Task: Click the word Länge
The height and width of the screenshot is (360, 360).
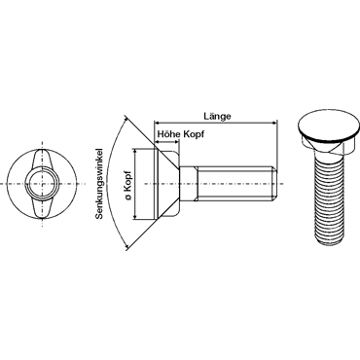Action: [217, 117]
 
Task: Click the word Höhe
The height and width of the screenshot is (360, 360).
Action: [168, 133]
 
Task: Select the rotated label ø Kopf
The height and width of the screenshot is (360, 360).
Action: [128, 185]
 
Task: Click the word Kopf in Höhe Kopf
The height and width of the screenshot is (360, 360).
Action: [194, 134]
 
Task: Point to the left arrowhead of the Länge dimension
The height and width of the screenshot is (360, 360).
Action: [157, 124]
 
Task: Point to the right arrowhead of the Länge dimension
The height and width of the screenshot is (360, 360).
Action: [274, 124]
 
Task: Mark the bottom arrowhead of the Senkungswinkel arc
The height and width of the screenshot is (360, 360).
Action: [127, 247]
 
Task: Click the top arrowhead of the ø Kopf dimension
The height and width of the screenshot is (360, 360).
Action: [135, 152]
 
